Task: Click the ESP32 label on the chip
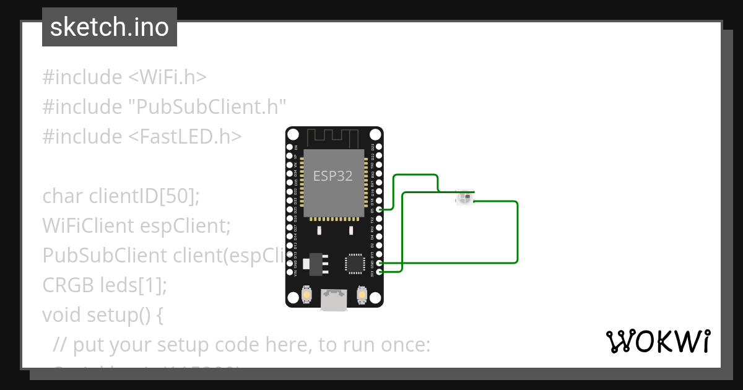click(x=333, y=176)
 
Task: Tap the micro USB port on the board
click(x=334, y=300)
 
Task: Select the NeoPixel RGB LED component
click(x=464, y=197)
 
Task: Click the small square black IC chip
click(x=355, y=262)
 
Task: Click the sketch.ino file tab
click(x=110, y=27)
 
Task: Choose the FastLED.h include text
click(x=185, y=137)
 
